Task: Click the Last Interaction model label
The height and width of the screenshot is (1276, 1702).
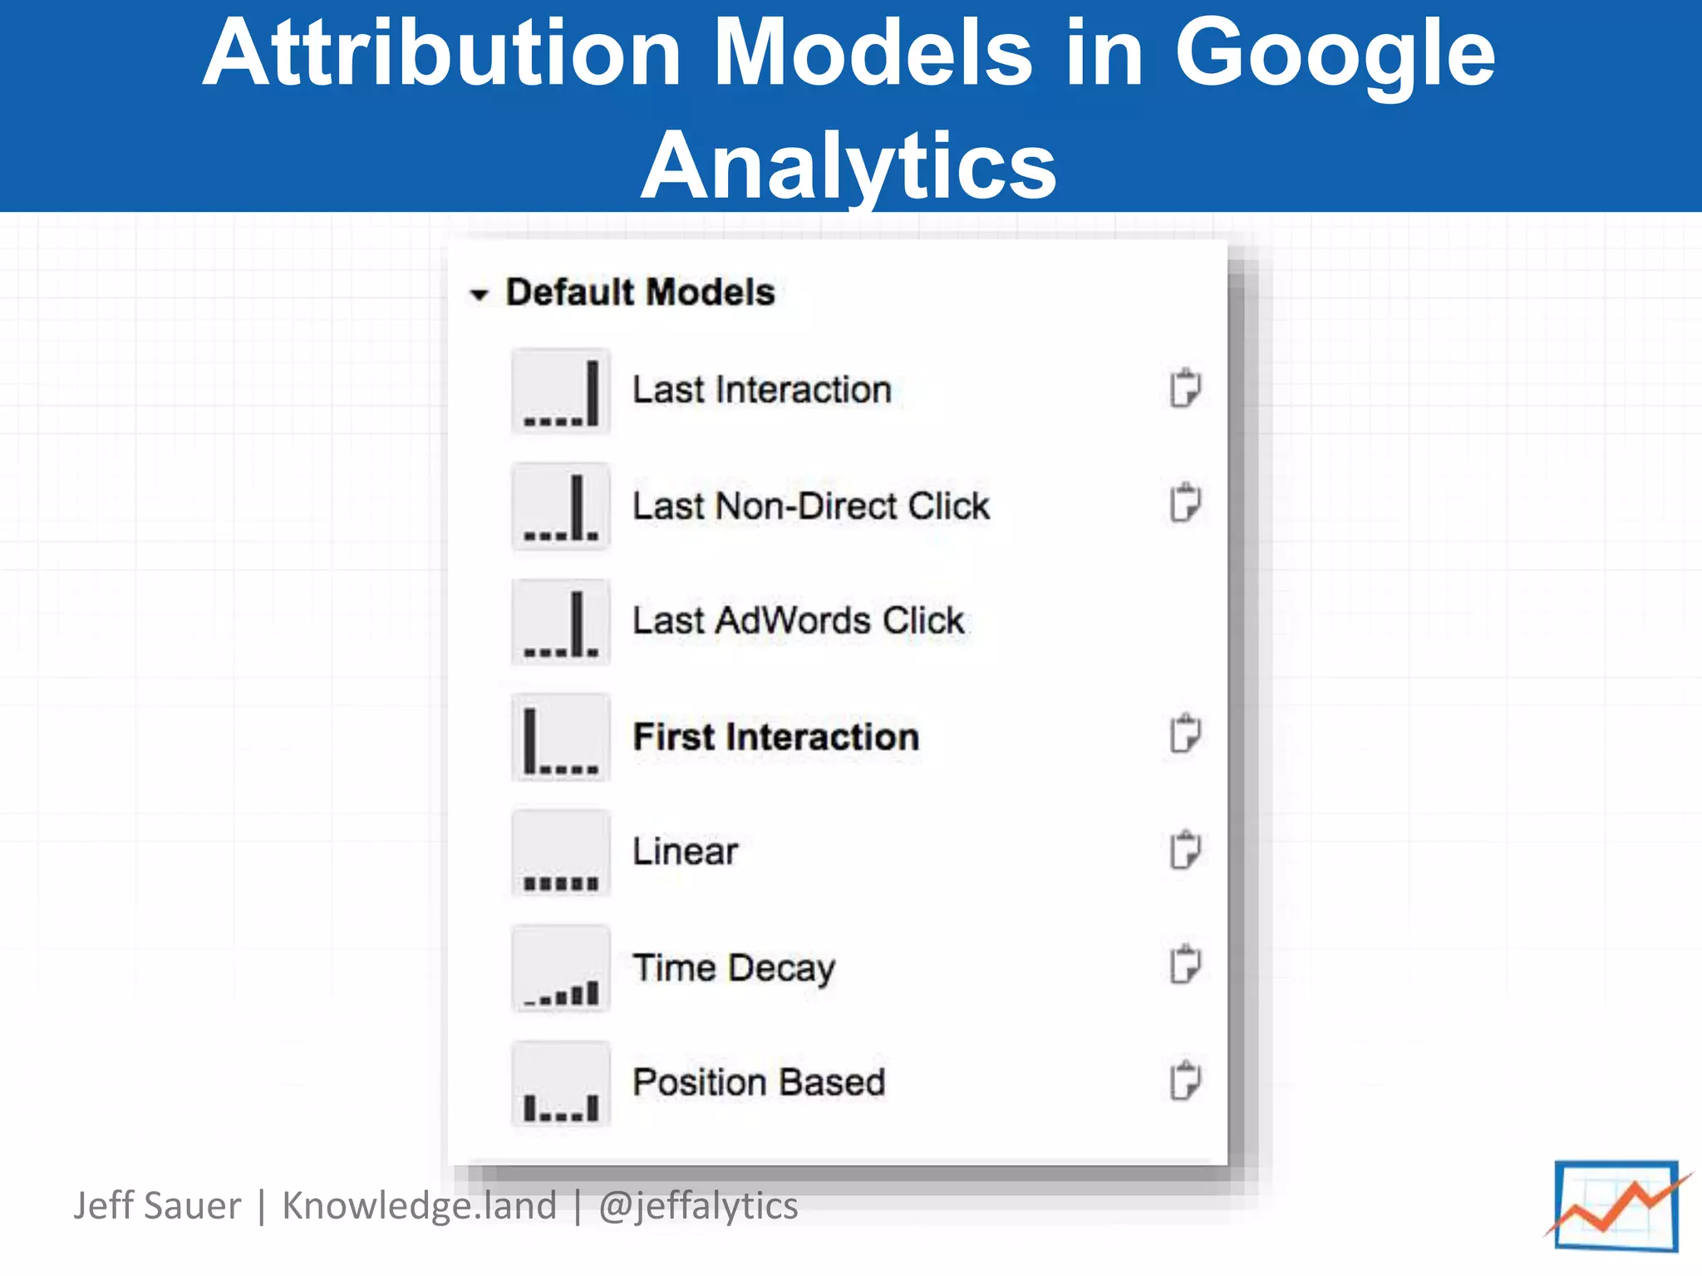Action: pyautogui.click(x=761, y=390)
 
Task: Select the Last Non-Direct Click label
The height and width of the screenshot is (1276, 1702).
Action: pyautogui.click(x=811, y=506)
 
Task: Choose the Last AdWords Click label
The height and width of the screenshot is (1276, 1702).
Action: pyautogui.click(x=798, y=621)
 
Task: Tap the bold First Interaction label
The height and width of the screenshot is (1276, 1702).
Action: pyautogui.click(x=776, y=737)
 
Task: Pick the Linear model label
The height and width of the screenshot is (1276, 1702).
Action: pyautogui.click(x=685, y=851)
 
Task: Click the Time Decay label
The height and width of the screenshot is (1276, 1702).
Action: pyautogui.click(x=734, y=968)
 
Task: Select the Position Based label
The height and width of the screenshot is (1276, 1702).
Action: pyautogui.click(x=759, y=1082)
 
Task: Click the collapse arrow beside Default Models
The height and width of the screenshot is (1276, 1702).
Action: pyautogui.click(x=479, y=294)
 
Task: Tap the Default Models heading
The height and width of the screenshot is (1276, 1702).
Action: pyautogui.click(x=640, y=292)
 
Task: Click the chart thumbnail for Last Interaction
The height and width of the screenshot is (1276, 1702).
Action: pyautogui.click(x=561, y=391)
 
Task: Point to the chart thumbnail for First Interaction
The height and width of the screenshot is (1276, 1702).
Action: pyautogui.click(x=561, y=738)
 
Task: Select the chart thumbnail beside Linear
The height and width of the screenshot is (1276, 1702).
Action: pyautogui.click(x=561, y=853)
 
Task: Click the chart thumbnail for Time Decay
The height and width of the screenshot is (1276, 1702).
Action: pyautogui.click(x=561, y=969)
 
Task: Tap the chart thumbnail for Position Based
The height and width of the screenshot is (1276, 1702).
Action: pyautogui.click(x=561, y=1084)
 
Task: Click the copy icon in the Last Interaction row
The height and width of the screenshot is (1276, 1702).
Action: pyautogui.click(x=1184, y=388)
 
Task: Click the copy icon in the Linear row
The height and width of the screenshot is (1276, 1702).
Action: pyautogui.click(x=1184, y=850)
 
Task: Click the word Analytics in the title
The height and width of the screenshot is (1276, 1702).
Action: pyautogui.click(x=849, y=165)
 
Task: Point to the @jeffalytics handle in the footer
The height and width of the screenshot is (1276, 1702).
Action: pyautogui.click(x=698, y=1205)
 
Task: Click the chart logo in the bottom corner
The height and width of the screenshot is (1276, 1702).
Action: pyautogui.click(x=1616, y=1206)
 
